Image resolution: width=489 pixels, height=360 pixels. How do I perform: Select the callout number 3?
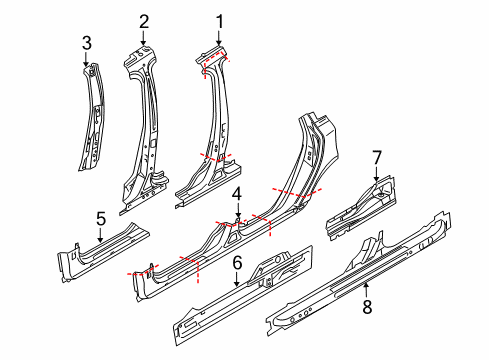tap(86, 42)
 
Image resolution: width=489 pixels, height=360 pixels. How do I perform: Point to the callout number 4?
tap(237, 193)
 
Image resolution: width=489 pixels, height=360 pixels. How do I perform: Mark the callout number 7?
tap(377, 156)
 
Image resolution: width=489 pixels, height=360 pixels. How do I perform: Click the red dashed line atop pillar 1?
tap(214, 62)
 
